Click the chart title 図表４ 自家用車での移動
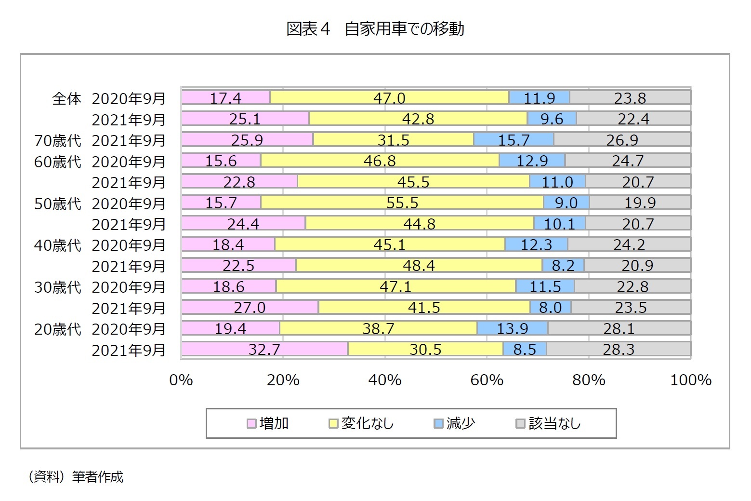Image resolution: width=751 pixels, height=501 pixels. pyautogui.click(x=375, y=29)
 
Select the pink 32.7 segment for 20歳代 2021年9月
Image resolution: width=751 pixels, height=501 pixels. pyautogui.click(x=264, y=349)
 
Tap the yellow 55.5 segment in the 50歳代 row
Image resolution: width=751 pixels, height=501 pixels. pyautogui.click(x=402, y=203)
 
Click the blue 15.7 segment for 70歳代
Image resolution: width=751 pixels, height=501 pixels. pyautogui.click(x=514, y=140)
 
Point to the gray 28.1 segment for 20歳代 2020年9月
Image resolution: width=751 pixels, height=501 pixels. pyautogui.click(x=619, y=328)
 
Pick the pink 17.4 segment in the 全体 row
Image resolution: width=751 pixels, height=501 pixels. pyautogui.click(x=225, y=98)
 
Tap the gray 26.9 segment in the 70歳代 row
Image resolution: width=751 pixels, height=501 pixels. pyautogui.click(x=622, y=140)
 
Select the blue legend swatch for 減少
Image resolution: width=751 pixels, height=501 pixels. pyautogui.click(x=438, y=423)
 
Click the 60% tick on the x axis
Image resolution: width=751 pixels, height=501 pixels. pyautogui.click(x=487, y=380)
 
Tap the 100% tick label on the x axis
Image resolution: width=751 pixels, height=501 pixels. pyautogui.click(x=690, y=380)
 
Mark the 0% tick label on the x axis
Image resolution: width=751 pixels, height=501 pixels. pyautogui.click(x=181, y=380)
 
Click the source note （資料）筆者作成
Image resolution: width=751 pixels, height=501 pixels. pyautogui.click(x=75, y=477)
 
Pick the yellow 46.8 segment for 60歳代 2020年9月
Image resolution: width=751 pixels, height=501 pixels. pyautogui.click(x=380, y=161)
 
